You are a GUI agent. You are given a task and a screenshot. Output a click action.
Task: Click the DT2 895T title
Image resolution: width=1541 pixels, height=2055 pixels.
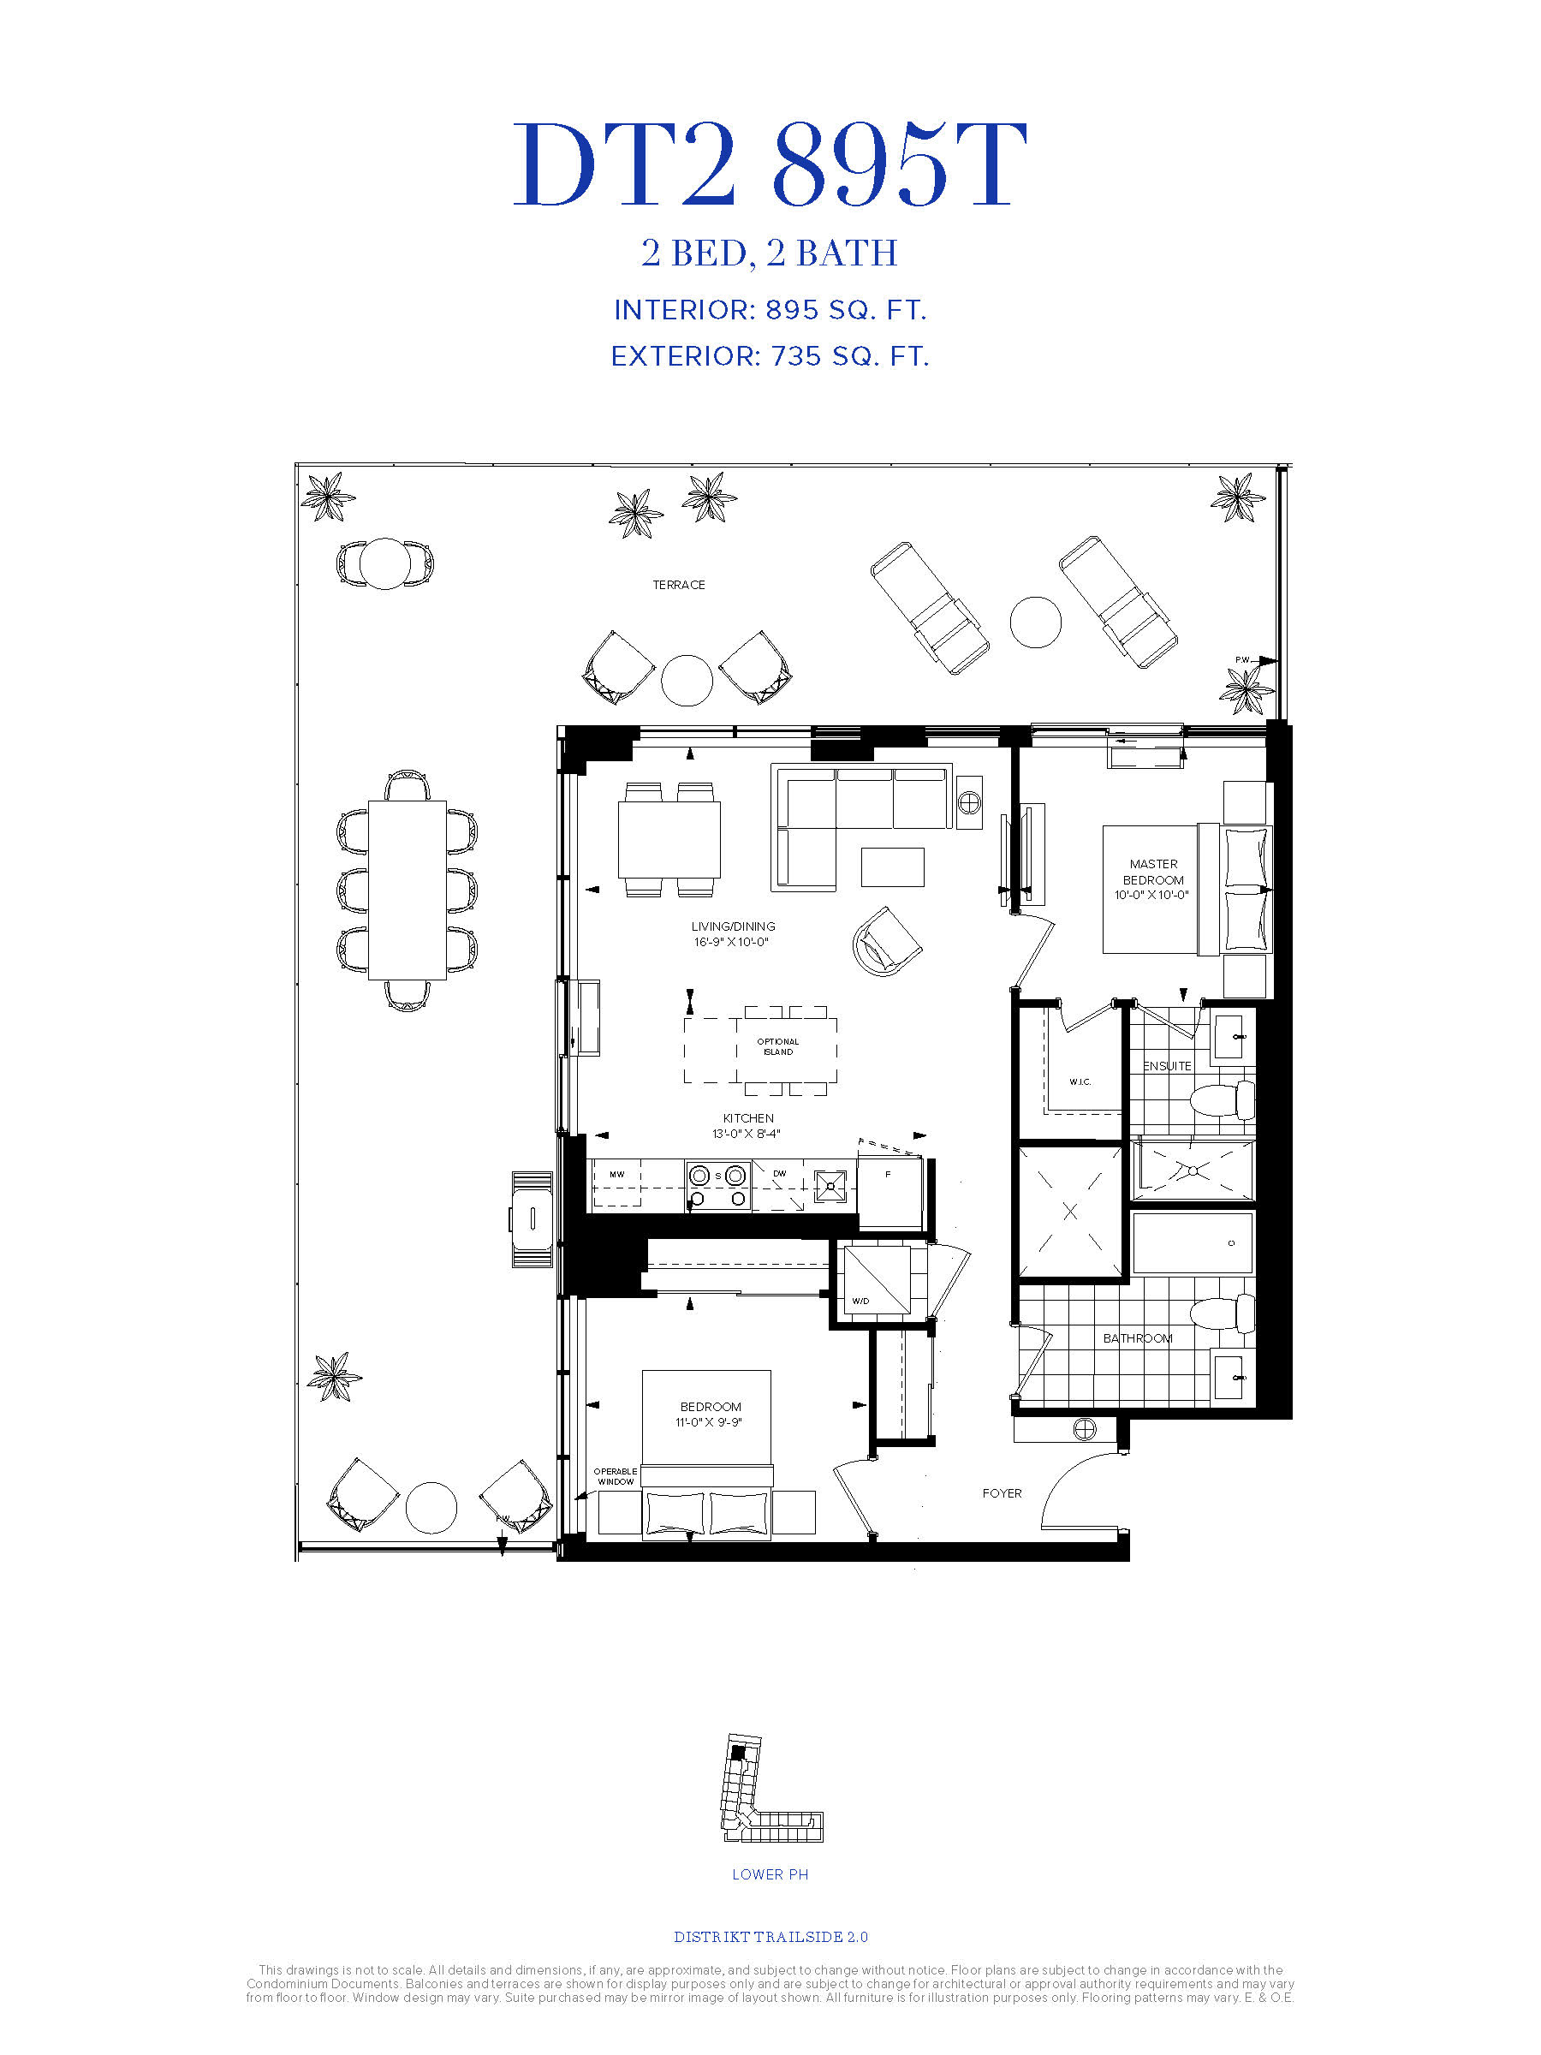pyautogui.click(x=770, y=165)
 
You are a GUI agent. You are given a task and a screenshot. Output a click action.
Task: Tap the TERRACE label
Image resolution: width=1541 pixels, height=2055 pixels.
pyautogui.click(x=678, y=584)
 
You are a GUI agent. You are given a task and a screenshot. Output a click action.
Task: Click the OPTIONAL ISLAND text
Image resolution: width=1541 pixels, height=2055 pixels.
pyautogui.click(x=777, y=1047)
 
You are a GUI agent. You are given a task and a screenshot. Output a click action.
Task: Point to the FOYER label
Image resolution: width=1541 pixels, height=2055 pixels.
pyautogui.click(x=1003, y=1493)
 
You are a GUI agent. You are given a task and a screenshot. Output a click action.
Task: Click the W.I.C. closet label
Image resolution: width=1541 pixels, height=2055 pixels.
pyautogui.click(x=1080, y=1082)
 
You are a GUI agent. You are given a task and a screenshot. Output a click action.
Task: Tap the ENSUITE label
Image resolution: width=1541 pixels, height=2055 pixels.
pyautogui.click(x=1167, y=1065)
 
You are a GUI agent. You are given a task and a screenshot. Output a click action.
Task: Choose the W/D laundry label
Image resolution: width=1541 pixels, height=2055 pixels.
pyautogui.click(x=860, y=1301)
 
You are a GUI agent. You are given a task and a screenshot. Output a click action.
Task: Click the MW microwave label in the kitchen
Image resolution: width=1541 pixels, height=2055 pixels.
pyautogui.click(x=616, y=1174)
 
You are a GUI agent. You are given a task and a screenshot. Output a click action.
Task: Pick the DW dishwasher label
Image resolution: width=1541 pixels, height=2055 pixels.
pyautogui.click(x=779, y=1173)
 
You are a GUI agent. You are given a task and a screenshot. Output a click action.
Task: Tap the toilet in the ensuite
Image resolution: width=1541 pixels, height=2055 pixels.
pyautogui.click(x=1223, y=1101)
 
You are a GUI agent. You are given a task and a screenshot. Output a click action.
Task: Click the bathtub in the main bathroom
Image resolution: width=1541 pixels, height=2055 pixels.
pyautogui.click(x=1193, y=1243)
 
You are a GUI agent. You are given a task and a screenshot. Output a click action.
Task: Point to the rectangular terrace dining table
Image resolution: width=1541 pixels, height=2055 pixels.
pyautogui.click(x=407, y=890)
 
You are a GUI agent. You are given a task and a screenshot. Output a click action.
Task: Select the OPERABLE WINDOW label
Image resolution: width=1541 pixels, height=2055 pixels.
pyautogui.click(x=615, y=1476)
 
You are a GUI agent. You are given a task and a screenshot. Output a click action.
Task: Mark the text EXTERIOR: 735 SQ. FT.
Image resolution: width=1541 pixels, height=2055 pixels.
pyautogui.click(x=770, y=357)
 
